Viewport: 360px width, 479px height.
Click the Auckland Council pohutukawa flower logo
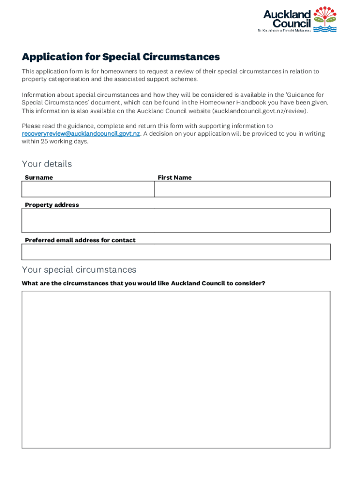pos(325,19)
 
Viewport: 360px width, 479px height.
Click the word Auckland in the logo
pos(287,15)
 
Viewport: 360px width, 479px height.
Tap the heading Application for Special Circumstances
pos(121,57)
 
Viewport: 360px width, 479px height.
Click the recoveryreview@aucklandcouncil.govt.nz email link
pos(81,134)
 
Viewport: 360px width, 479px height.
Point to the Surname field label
pos(39,177)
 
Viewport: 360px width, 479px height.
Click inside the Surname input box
pos(88,189)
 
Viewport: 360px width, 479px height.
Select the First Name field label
pos(174,177)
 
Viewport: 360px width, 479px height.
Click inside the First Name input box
pos(242,189)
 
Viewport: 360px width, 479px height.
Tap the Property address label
pos(52,205)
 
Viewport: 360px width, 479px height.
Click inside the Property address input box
pos(176,220)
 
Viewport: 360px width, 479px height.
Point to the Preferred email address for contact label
pos(80,240)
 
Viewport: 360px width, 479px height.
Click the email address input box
pos(176,252)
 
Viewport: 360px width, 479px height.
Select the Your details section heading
pos(47,164)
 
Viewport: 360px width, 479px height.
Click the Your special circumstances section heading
pos(79,270)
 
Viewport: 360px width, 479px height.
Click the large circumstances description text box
pos(176,370)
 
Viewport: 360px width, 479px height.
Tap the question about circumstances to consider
pos(144,283)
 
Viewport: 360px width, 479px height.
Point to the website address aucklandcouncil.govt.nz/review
pos(260,111)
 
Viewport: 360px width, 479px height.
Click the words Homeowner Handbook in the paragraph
pos(226,102)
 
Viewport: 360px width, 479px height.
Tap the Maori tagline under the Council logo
pos(284,30)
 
